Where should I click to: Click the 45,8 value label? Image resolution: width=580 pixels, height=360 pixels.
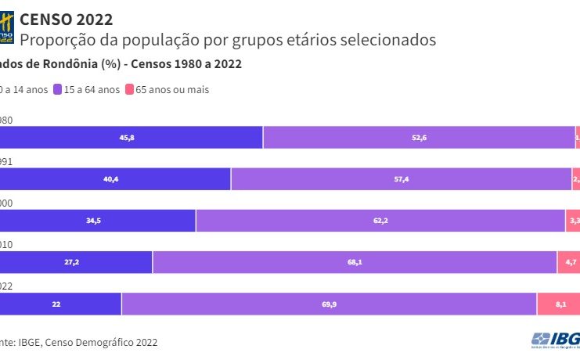coord(127,138)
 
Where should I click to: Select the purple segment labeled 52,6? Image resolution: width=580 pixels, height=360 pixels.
coord(419,138)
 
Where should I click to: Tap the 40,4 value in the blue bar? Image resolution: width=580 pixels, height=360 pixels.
coord(111,179)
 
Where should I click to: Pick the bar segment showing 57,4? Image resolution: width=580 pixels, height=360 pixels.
coord(401,179)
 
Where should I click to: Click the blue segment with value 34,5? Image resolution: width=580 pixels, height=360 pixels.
coord(94,221)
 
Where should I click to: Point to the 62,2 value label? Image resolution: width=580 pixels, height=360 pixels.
coord(381,221)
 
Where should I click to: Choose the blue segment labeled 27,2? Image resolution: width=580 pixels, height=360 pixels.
coord(72,262)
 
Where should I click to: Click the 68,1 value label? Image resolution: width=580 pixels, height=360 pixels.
coord(355,262)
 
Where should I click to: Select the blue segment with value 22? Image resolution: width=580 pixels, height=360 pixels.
coord(56,304)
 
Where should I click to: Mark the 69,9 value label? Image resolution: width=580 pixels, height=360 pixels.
coord(329,304)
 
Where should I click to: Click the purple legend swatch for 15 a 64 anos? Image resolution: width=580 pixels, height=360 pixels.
coord(57,90)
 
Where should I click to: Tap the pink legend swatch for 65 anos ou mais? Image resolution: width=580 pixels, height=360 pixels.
coord(129,90)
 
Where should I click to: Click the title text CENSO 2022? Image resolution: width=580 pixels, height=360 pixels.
coord(66,19)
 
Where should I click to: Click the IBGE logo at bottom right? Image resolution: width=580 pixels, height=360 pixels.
coord(557,340)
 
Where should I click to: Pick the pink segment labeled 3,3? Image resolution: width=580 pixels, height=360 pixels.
coord(573,221)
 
